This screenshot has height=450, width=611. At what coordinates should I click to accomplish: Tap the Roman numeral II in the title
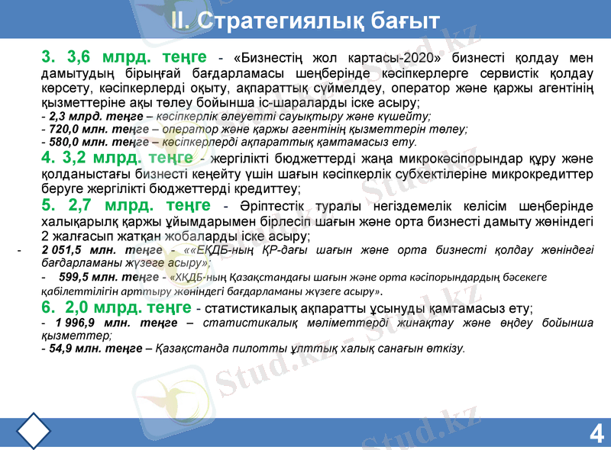pyautogui.click(x=179, y=19)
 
